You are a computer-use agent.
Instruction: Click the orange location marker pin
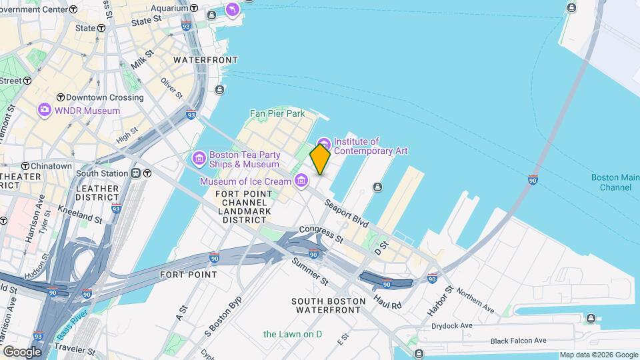(320, 159)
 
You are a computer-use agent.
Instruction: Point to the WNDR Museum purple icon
(45, 110)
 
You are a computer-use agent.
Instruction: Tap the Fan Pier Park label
(277, 113)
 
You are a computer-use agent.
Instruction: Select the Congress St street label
(321, 233)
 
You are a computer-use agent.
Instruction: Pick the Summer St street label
(310, 270)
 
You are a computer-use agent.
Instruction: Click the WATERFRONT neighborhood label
(205, 60)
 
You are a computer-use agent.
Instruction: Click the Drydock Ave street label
(451, 325)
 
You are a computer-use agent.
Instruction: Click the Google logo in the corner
(22, 351)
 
